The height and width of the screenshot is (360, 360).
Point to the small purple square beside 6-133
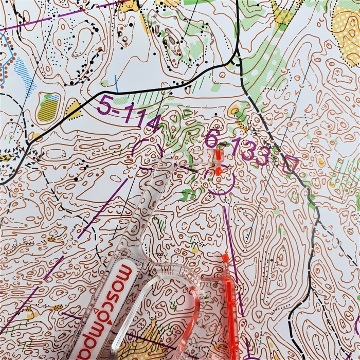(x=290, y=164)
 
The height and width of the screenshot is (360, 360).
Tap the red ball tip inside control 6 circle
(x=219, y=170)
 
